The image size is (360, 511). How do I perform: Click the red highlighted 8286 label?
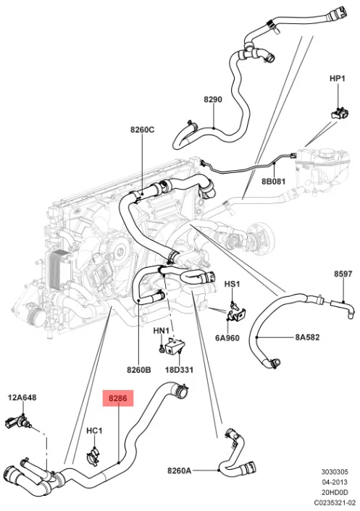(x=118, y=397)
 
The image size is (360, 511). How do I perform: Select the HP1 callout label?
(x=337, y=78)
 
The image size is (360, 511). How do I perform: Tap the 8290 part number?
(x=213, y=99)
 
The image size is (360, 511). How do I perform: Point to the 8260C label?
(x=143, y=130)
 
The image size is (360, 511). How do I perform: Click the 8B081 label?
(x=273, y=181)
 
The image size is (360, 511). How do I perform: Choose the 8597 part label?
(x=343, y=274)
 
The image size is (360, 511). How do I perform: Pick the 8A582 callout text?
(x=307, y=337)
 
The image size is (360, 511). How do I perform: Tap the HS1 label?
(x=232, y=284)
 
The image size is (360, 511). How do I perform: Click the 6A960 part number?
(x=227, y=337)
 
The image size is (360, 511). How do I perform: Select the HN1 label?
(x=161, y=331)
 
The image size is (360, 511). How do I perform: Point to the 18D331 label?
(x=179, y=370)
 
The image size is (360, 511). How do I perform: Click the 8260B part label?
(x=139, y=370)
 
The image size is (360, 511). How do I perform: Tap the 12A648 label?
(x=22, y=397)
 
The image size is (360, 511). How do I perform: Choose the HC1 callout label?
(x=94, y=431)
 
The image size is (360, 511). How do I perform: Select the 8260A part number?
(x=180, y=470)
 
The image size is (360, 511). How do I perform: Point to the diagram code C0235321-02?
(x=335, y=503)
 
